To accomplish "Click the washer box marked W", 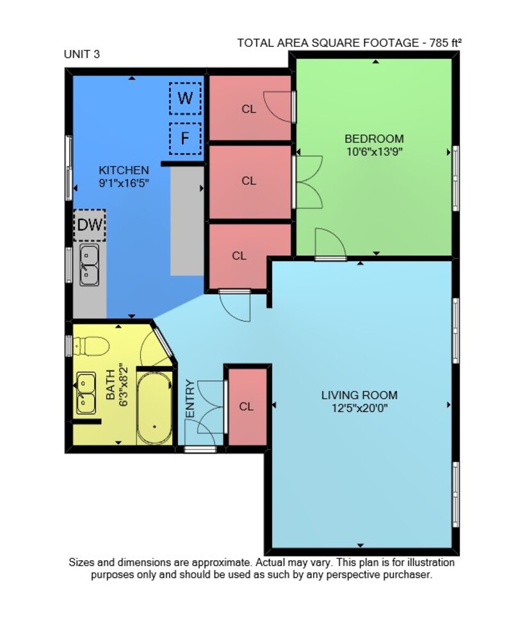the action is (185, 98).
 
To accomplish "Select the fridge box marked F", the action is (185, 138).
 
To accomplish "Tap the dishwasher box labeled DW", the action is (90, 225).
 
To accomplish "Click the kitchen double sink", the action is (89, 265).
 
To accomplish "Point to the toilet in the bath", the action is (91, 346).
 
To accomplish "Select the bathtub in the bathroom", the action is (154, 408).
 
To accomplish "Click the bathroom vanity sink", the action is (86, 393).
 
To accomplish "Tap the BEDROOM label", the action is (374, 138).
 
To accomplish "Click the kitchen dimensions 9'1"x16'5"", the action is (124, 183).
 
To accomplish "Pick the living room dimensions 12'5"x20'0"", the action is (359, 408).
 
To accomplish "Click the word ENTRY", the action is (190, 399).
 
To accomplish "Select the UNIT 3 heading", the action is (82, 54).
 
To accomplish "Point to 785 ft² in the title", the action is (445, 43).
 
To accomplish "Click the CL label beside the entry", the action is (247, 407).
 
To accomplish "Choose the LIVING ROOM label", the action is (359, 395).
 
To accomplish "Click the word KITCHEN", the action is (124, 170).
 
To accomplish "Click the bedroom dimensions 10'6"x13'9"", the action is (375, 152).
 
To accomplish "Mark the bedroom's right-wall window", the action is (456, 179).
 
